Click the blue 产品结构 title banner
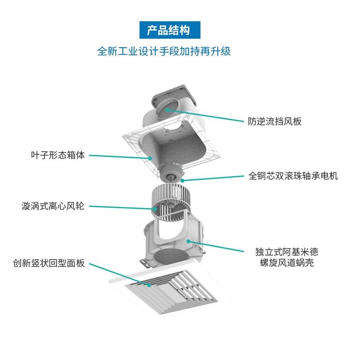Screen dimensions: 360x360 (x=169, y=30)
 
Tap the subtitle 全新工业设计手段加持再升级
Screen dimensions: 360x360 (x=164, y=51)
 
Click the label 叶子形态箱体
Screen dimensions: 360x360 (x=58, y=156)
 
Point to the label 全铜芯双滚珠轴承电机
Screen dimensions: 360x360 (x=293, y=176)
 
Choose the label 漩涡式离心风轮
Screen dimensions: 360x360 (x=53, y=207)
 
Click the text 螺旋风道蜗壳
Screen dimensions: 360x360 (x=286, y=263)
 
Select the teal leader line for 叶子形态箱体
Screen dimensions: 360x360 (x=119, y=157)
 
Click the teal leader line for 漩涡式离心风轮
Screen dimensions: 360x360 (x=121, y=207)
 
